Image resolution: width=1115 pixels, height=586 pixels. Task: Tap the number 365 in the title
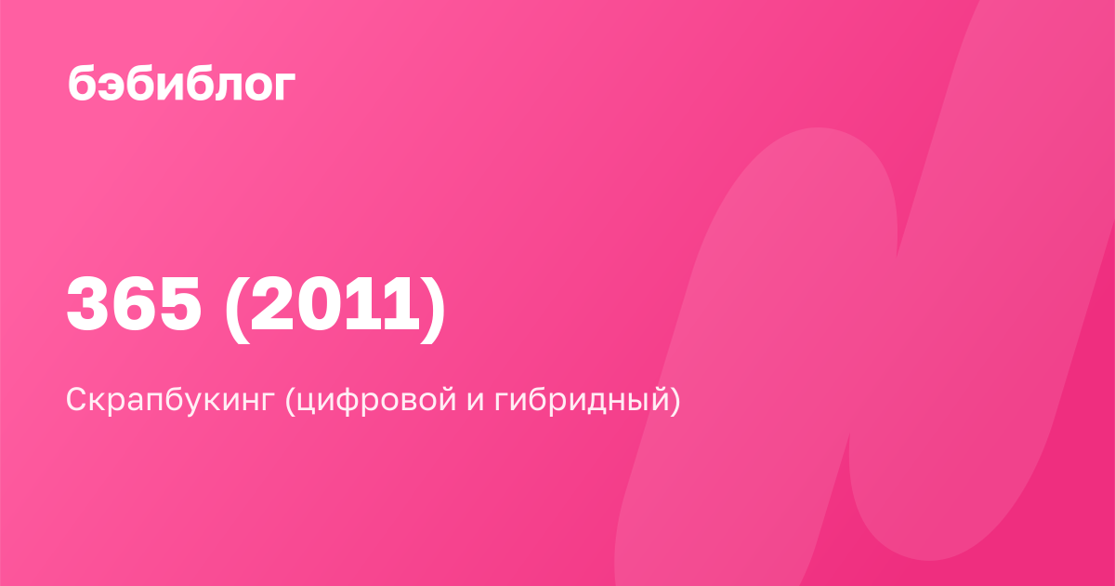click(134, 304)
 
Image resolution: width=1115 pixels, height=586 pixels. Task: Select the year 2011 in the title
click(335, 304)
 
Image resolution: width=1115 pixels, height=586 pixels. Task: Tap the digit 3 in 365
click(87, 304)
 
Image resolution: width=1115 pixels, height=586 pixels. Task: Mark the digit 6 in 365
click(134, 304)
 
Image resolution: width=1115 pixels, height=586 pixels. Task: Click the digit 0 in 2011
click(318, 304)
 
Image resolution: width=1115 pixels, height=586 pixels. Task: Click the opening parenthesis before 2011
click(236, 308)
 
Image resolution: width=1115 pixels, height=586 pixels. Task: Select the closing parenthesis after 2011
click(433, 308)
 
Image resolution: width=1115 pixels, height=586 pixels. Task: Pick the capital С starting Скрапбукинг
click(78, 399)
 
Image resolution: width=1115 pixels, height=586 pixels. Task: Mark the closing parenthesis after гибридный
click(675, 400)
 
